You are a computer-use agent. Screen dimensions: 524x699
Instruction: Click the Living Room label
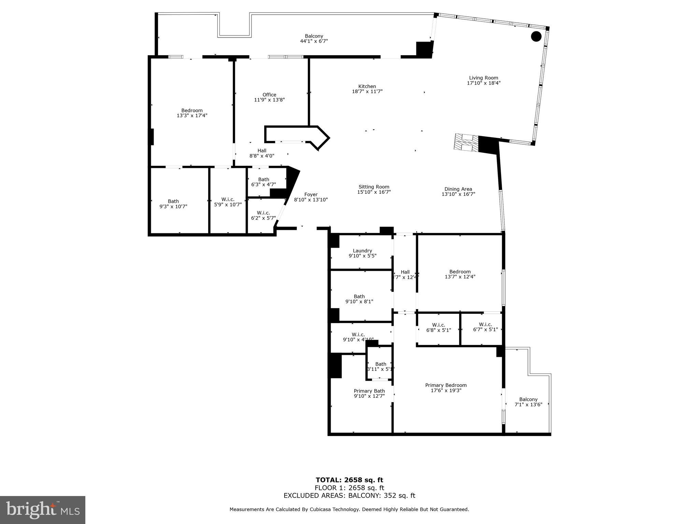483,78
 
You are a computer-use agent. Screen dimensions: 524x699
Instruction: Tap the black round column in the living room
536,36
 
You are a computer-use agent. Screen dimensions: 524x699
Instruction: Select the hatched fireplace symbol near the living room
466,143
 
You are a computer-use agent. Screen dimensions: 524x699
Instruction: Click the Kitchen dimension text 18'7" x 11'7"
367,91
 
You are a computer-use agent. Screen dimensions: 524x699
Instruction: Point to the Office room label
269,95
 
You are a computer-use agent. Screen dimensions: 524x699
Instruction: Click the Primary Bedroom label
446,385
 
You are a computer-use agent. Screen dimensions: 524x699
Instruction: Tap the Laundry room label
362,251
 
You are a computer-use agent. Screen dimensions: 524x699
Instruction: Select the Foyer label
311,194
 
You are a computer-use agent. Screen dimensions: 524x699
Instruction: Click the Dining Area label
458,189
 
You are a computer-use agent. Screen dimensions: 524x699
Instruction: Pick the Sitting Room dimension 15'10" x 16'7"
374,192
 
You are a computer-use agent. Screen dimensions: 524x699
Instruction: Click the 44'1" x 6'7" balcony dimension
314,41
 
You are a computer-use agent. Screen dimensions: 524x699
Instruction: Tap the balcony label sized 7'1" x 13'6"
528,399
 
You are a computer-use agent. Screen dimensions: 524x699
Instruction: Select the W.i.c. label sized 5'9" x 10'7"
228,200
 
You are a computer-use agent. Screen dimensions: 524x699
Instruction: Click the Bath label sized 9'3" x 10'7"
173,201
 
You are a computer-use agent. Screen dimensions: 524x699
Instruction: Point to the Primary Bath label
369,391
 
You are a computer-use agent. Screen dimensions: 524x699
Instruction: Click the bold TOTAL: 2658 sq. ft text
349,480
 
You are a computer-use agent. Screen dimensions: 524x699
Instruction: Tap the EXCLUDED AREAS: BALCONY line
349,496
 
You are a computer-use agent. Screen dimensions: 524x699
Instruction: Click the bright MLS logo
43,510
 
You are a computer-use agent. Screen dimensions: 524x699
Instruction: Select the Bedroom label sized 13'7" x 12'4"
460,272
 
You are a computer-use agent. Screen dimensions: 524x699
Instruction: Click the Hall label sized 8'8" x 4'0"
262,150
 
